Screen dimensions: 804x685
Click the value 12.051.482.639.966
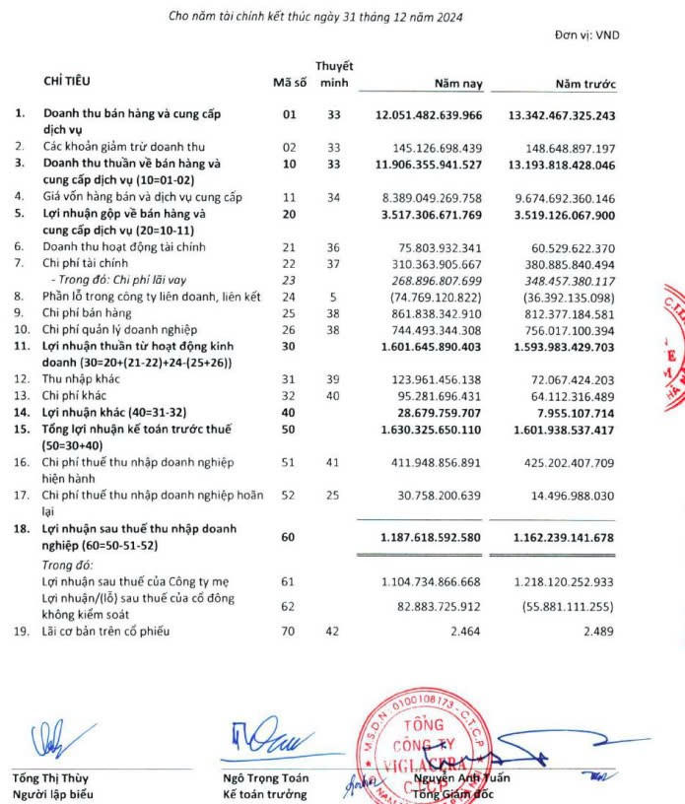point(429,115)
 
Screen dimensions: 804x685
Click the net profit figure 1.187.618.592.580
point(429,538)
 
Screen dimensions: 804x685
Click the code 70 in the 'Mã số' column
point(289,630)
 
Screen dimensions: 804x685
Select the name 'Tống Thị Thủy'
point(49,777)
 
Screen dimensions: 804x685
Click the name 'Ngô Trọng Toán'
point(265,777)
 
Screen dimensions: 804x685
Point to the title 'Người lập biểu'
point(53,793)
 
